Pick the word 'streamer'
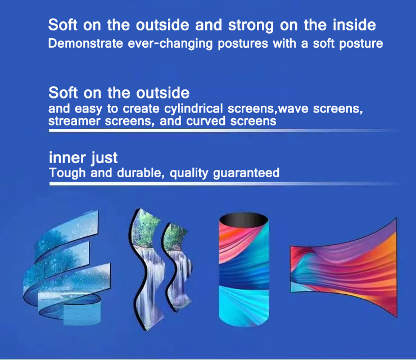point(70,120)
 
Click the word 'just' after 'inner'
point(102,157)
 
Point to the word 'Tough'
point(65,173)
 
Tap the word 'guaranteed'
point(246,173)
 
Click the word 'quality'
point(187,173)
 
